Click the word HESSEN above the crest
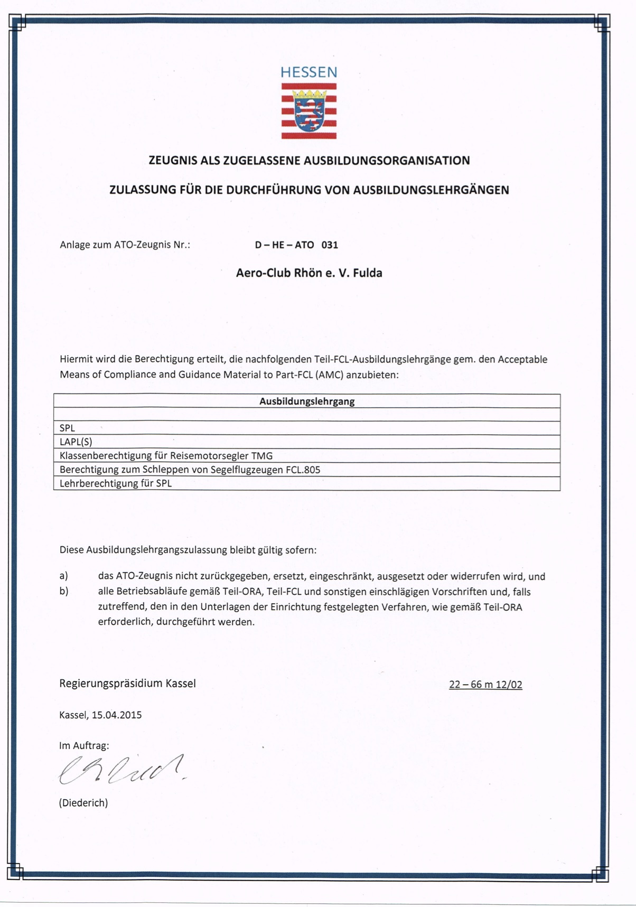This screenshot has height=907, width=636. pos(308,72)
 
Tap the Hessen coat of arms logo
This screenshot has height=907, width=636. pos(309,111)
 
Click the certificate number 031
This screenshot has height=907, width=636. pos(330,245)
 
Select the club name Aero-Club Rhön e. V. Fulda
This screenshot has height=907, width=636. pos(309,273)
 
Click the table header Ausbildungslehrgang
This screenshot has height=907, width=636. pos(307,401)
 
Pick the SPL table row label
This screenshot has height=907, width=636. pos(67,428)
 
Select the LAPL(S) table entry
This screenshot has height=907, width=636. pos(76,442)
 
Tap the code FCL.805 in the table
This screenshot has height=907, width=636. pos(303,470)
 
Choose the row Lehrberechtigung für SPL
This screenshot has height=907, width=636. pos(116,483)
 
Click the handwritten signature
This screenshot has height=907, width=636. pos(121,770)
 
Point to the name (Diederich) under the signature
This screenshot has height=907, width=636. pos(83,803)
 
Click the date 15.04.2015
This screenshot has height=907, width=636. pos(117,715)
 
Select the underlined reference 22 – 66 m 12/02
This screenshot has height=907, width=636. pos(485,685)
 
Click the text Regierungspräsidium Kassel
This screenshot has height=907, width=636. pos(127,684)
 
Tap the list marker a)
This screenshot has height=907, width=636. pos(64,576)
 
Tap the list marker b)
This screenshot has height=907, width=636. pos(64,592)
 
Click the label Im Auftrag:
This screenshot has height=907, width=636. pos(84,746)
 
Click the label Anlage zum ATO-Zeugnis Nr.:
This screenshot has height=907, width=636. pos(125,245)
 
